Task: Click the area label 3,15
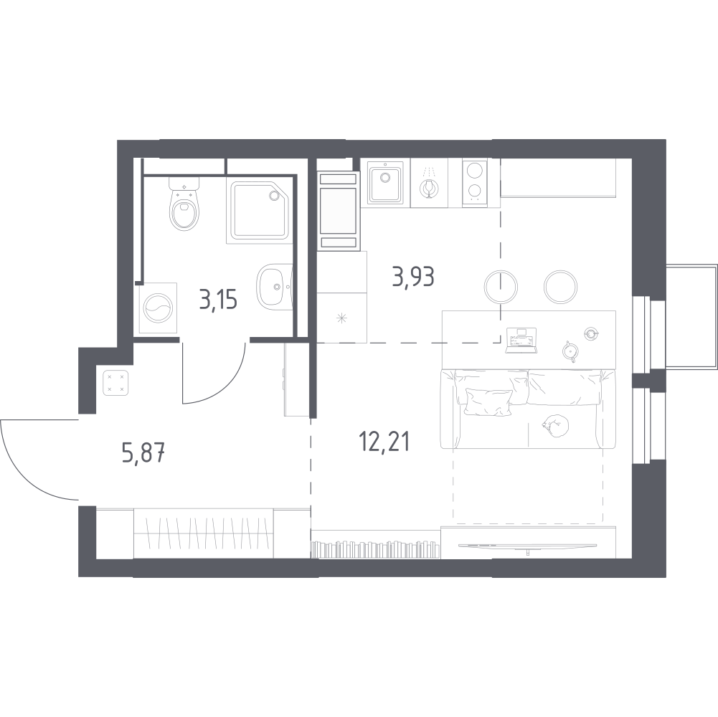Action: [x=219, y=300]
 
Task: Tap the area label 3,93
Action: [x=413, y=277]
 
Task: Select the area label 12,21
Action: [x=384, y=442]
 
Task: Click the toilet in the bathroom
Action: [x=184, y=205]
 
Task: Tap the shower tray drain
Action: [x=274, y=196]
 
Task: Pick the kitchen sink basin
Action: [x=385, y=183]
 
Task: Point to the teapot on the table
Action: [x=570, y=351]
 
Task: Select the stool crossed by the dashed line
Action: [x=501, y=287]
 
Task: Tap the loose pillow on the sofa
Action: [x=488, y=402]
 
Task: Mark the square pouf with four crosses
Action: [x=115, y=383]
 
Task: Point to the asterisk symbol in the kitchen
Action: [x=341, y=318]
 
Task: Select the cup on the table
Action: [x=591, y=333]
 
